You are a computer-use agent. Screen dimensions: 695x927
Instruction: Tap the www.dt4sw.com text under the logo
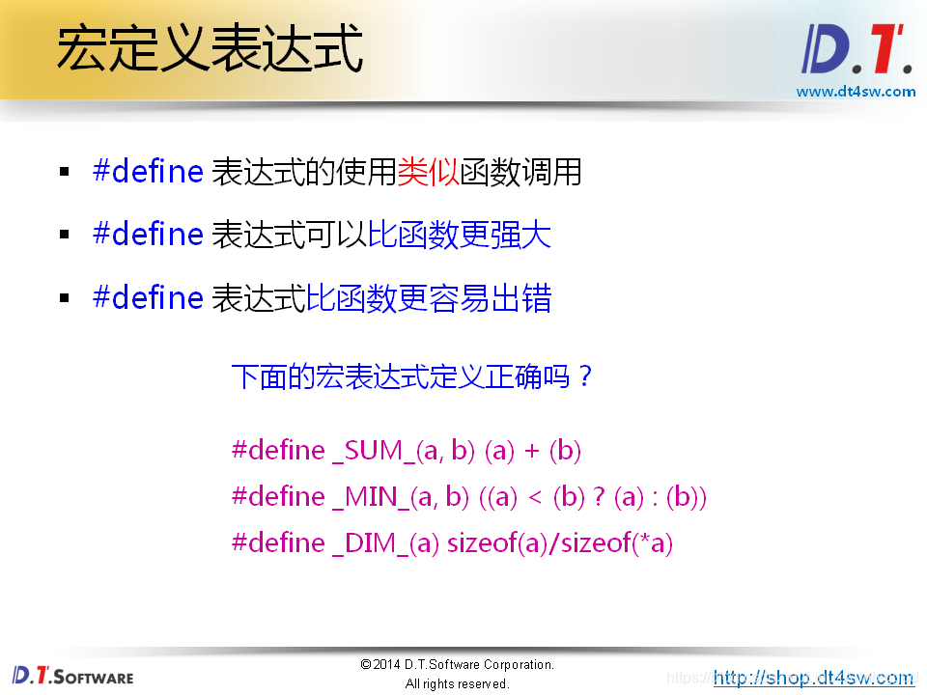tap(856, 92)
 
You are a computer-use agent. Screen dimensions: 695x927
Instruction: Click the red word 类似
tap(428, 172)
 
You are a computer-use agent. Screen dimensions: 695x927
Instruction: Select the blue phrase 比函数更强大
tap(460, 235)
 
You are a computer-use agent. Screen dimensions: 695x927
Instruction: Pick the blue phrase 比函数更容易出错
tap(429, 297)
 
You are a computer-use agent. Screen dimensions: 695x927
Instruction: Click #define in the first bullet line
tap(148, 172)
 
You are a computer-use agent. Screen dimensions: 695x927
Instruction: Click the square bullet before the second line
tap(65, 236)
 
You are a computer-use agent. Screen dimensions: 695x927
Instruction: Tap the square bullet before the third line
tap(65, 298)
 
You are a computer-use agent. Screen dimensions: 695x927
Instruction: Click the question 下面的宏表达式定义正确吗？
tap(412, 376)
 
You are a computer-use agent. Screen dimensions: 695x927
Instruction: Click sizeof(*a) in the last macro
tap(616, 543)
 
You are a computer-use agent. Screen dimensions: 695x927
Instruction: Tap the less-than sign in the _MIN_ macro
tap(534, 498)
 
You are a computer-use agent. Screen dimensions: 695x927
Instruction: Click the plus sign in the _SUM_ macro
tap(533, 452)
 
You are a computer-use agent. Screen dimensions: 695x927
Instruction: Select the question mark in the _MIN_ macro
tap(600, 497)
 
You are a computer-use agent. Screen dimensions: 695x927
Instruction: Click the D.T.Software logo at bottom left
tap(73, 676)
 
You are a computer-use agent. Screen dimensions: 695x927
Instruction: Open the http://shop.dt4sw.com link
tap(813, 677)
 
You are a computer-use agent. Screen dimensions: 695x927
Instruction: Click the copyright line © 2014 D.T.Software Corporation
tap(457, 664)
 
